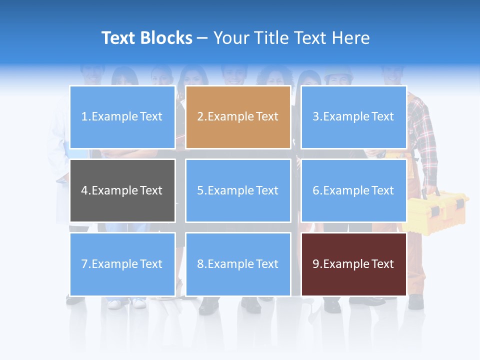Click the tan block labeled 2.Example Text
(238, 117)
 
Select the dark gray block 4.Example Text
(122, 190)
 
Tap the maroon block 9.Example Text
(353, 264)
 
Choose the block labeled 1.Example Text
(122, 117)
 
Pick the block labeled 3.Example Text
(353, 117)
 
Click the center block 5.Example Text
(238, 190)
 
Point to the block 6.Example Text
(353, 190)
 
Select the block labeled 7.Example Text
(122, 264)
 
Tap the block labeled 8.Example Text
(238, 264)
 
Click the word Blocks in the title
(166, 38)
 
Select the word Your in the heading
(232, 38)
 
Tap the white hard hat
(338, 73)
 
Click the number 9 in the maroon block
(316, 264)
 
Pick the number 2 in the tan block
(200, 117)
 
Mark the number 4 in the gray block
(84, 190)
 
